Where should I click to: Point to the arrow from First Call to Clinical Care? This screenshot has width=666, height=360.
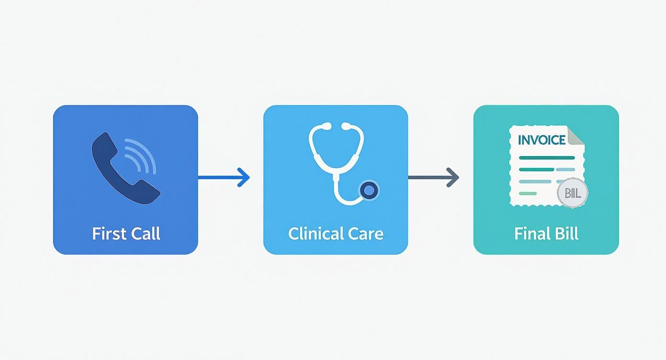point(223,177)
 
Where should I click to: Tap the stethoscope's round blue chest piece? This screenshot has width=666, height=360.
point(368,191)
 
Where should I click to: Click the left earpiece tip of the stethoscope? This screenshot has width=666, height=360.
point(327,126)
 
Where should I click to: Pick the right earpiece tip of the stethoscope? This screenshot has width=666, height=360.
point(344,126)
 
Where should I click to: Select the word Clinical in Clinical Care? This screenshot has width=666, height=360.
point(316,234)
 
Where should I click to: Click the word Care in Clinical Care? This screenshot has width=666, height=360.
point(366,234)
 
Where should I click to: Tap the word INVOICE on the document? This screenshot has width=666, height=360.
point(542,140)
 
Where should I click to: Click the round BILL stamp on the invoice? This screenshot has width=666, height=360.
point(572,193)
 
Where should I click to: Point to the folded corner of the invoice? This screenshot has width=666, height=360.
point(577,135)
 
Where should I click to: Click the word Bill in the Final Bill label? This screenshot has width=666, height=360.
point(566,234)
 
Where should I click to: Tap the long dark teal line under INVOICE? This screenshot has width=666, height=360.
point(546,157)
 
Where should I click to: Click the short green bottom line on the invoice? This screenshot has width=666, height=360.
point(528,193)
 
